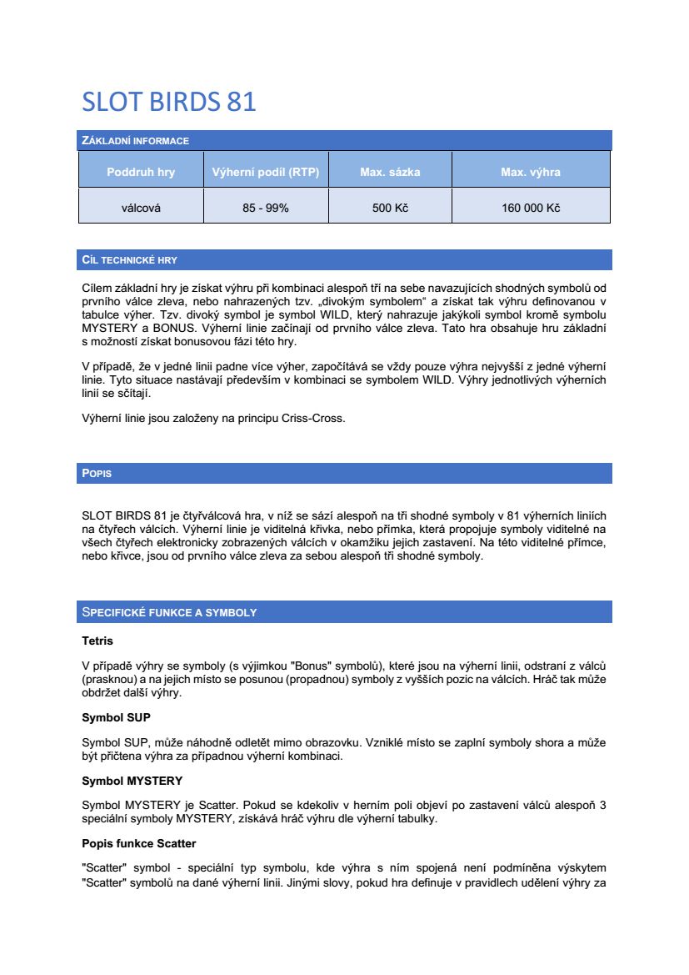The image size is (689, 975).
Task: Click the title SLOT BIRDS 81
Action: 168,102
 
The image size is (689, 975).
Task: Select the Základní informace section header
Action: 135,140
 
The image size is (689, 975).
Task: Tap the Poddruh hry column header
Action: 141,173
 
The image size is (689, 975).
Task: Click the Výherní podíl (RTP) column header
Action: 266,173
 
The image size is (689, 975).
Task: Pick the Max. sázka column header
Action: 390,173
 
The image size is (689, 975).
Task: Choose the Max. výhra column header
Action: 531,173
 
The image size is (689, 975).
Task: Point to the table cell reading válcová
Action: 141,208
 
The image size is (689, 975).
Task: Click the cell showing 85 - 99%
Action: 266,208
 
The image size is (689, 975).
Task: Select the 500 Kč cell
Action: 390,208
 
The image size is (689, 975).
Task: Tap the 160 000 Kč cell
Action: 531,208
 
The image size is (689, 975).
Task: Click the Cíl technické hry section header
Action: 129,260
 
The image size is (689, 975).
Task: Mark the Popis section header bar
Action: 97,474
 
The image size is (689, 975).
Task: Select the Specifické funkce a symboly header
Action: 169,612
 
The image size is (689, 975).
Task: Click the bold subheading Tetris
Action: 97,641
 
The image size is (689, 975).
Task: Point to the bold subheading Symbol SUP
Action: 116,717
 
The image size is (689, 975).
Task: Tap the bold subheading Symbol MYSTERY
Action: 132,781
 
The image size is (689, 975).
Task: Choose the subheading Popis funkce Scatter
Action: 139,843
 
